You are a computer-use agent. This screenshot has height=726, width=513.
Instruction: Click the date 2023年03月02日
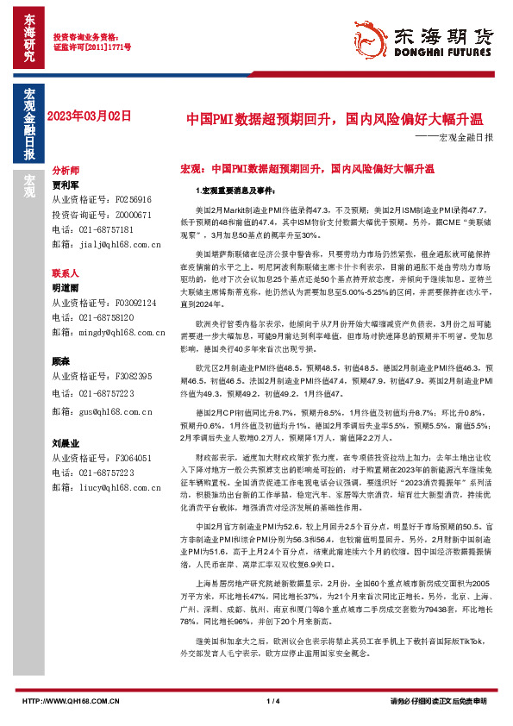click(91, 115)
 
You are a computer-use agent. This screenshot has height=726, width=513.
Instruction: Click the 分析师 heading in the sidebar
click(66, 171)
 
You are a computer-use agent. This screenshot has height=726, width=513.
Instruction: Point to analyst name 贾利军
click(66, 184)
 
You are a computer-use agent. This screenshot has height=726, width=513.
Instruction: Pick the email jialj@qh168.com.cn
click(122, 245)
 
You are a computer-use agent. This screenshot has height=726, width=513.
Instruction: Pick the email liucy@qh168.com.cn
click(122, 488)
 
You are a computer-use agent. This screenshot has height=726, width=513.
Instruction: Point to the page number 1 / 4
click(273, 700)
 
